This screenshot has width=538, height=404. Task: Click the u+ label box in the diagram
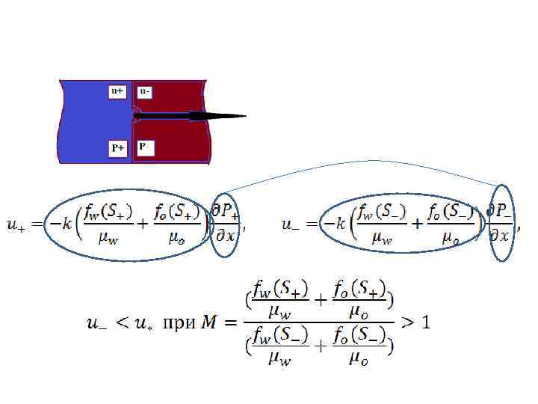pos(117,91)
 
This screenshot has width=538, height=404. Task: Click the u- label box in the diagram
pos(145,91)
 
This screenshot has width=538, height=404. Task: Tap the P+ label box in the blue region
pos(118,148)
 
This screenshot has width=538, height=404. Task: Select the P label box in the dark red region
pos(144,147)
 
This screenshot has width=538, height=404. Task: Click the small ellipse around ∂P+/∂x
pos(224,224)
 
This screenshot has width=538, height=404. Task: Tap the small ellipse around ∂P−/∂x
pos(499,224)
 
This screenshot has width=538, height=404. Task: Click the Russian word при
pos(179,323)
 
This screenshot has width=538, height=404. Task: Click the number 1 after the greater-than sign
pos(426,323)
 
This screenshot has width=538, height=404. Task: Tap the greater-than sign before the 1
pos(408,323)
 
